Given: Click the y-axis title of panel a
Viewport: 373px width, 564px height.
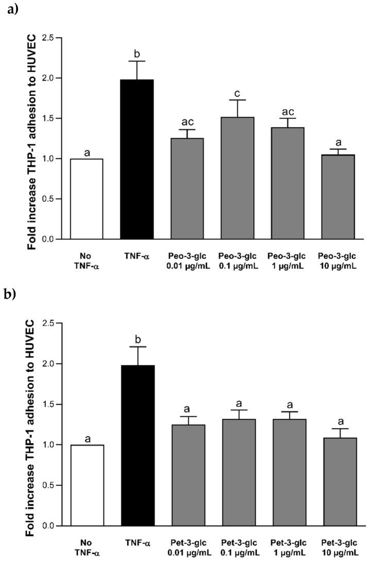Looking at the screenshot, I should coord(31,139).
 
